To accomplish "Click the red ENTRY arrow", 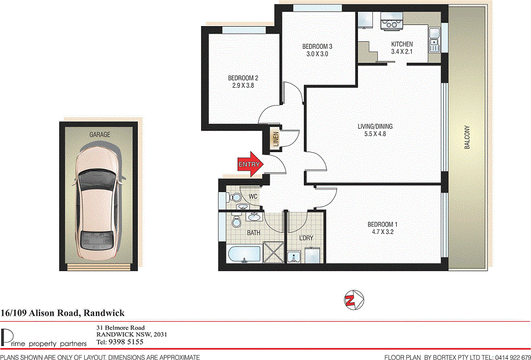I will pos(250,165).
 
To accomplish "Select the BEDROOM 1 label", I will pos(382,225).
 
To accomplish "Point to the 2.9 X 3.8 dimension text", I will pos(242,85).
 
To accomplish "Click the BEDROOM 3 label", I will pos(317,46).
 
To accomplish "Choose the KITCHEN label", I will pos(402,44).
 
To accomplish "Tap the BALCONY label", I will pos(467,139).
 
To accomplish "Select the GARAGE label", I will pos(99,135).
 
